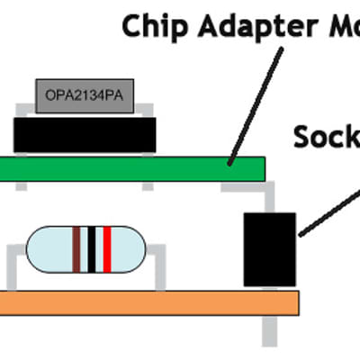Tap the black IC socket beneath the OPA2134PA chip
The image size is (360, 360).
pyautogui.click(x=85, y=135)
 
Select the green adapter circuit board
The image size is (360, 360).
pyautogui.click(x=135, y=168)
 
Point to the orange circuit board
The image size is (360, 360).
pyautogui.click(x=135, y=302)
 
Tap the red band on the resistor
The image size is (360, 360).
pyautogui.click(x=107, y=249)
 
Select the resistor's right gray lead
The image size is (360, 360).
pyautogui.click(x=160, y=266)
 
